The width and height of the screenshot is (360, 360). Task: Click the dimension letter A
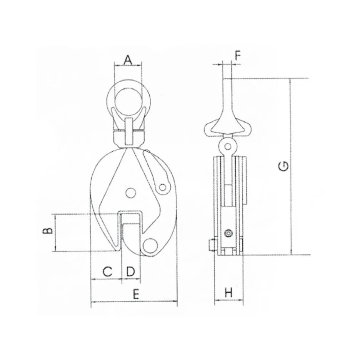click(x=128, y=60)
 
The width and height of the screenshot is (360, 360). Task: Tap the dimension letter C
click(x=107, y=272)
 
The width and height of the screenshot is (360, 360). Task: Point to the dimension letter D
click(x=130, y=272)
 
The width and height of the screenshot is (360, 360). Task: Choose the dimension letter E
click(x=136, y=294)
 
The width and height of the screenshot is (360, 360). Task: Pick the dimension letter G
click(x=284, y=166)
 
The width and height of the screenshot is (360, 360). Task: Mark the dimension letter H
click(x=228, y=293)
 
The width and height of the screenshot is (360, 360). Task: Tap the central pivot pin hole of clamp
click(x=130, y=192)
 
